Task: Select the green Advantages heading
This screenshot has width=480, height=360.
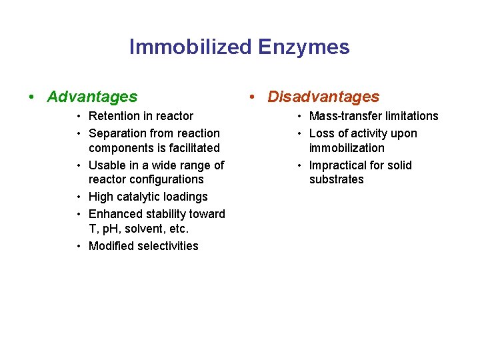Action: [x=92, y=97]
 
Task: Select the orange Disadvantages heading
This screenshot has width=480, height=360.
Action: [x=323, y=97]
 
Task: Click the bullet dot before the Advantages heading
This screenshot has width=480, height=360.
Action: [x=32, y=97]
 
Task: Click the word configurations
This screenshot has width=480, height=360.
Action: [x=167, y=180]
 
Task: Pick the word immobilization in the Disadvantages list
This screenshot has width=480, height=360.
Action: [x=347, y=148]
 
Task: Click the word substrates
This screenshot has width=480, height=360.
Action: [x=337, y=180]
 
